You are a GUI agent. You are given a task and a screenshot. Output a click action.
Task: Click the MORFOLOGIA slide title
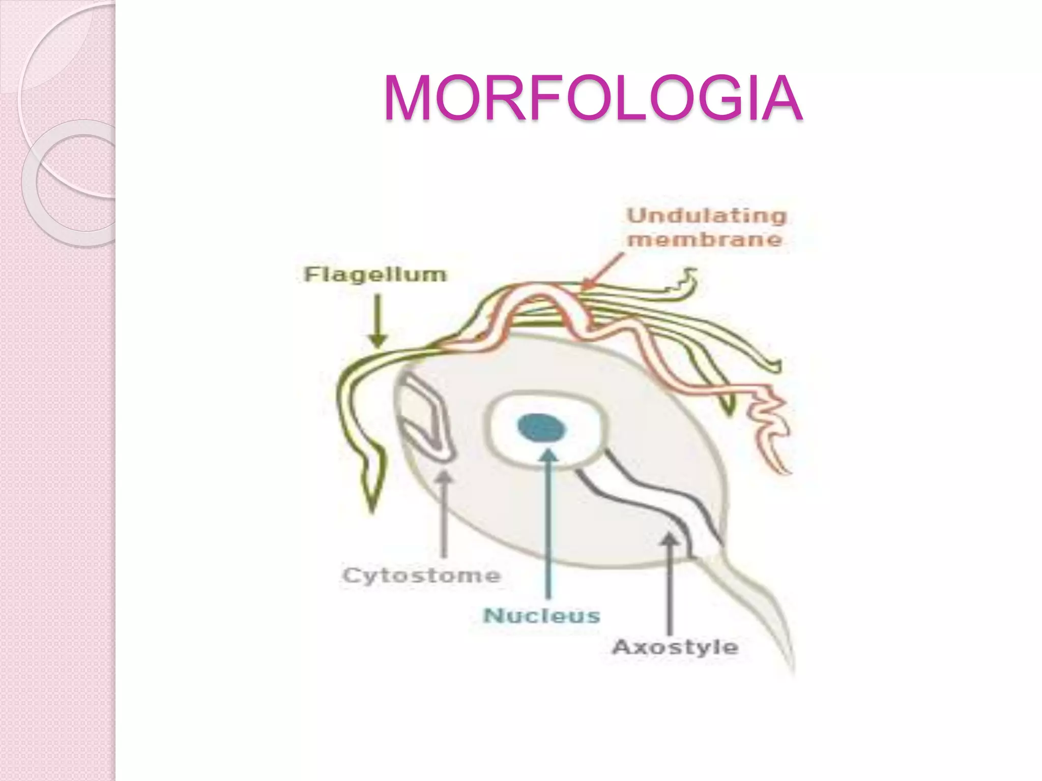point(593,98)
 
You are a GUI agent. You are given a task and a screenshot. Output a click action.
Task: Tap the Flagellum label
point(375,275)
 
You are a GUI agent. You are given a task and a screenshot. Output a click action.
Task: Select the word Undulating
point(707,216)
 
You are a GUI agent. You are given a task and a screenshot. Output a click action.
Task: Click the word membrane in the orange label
point(705,239)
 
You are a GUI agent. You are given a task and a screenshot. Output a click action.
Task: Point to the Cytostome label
point(422,576)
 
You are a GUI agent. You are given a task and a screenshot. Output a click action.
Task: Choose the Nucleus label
point(542,616)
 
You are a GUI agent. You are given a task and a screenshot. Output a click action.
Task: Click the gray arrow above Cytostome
point(444,514)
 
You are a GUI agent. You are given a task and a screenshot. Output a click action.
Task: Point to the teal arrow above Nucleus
point(548,524)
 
